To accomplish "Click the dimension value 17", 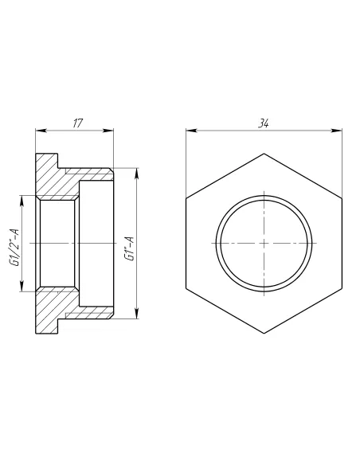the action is coord(78,123).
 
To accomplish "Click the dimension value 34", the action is coord(264,123).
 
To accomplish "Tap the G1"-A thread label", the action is coord(130,248).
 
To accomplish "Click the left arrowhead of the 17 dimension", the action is coord(41,131).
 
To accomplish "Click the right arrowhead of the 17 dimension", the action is coord(108,131).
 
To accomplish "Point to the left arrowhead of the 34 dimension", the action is coord(192,131).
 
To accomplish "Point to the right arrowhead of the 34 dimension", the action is coord(337,131).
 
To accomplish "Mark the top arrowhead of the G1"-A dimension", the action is coord(137,174).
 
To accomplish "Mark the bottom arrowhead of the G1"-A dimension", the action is coord(137,313).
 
